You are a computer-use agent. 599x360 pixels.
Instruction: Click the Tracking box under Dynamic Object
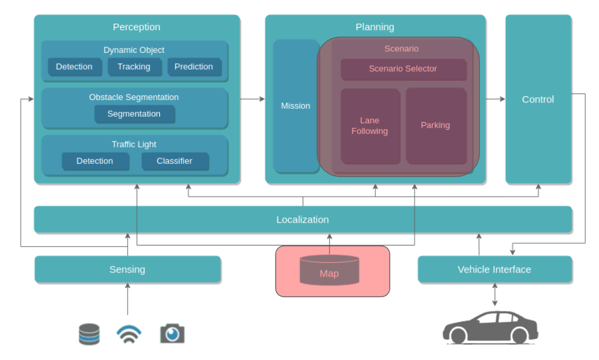(x=134, y=67)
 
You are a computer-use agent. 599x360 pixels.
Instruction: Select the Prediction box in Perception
(x=194, y=67)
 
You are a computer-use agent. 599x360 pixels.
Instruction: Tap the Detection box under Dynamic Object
(x=75, y=67)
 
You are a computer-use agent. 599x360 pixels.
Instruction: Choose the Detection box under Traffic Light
(x=95, y=161)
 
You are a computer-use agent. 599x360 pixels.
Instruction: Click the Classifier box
(x=175, y=161)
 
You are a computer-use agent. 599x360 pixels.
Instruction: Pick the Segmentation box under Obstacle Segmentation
(x=135, y=114)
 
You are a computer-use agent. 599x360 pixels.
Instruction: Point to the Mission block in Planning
(x=296, y=106)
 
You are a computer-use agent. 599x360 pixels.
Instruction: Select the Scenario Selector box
(x=404, y=69)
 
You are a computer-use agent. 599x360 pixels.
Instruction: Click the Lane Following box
(x=370, y=126)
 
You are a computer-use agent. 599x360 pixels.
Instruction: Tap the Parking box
(x=436, y=126)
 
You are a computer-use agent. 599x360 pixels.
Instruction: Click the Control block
(x=538, y=99)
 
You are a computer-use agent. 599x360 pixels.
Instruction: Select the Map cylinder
(x=329, y=270)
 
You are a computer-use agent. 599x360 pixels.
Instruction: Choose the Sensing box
(x=128, y=270)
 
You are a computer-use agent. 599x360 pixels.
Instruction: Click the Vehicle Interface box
(x=495, y=270)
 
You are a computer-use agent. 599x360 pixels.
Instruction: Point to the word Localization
(x=302, y=220)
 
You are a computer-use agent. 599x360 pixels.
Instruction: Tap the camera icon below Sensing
(x=172, y=334)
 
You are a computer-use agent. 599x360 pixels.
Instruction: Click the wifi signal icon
(x=129, y=334)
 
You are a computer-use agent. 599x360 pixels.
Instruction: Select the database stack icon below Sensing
(x=89, y=334)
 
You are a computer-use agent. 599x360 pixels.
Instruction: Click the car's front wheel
(x=458, y=335)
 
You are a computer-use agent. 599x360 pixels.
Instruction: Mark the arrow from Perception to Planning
(x=252, y=99)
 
